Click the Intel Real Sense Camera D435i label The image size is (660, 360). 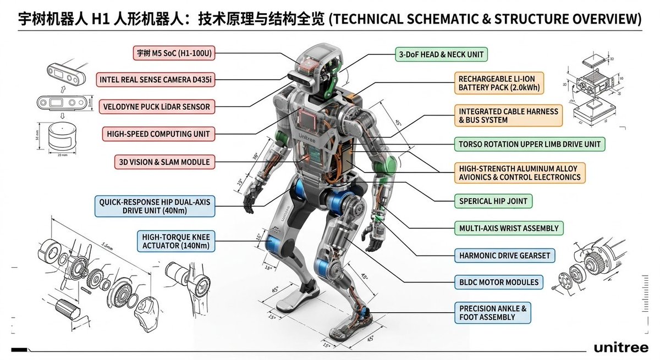[x=156, y=80]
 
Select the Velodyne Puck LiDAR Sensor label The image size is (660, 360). [x=157, y=106]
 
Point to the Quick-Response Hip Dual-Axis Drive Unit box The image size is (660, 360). [x=155, y=207]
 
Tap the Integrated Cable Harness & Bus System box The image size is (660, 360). [x=508, y=115]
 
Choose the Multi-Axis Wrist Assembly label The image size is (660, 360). [x=508, y=228]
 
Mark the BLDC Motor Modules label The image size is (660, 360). [x=498, y=282]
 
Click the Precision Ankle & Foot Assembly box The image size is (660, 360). [x=493, y=313]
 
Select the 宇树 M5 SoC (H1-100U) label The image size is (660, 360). [x=174, y=53]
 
